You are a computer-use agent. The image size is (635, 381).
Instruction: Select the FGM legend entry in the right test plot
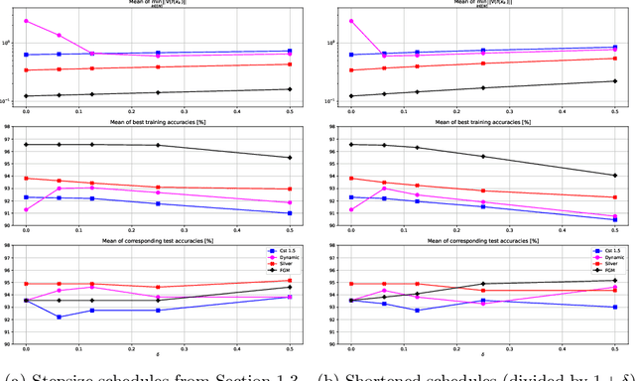tap(602, 270)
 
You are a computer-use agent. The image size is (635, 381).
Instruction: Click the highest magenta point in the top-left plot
tap(26, 21)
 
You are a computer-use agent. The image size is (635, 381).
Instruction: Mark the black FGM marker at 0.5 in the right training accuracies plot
tap(615, 176)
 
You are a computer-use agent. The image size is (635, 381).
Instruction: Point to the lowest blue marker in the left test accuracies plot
tap(59, 317)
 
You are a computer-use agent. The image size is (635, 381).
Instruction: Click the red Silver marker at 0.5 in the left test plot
tap(290, 281)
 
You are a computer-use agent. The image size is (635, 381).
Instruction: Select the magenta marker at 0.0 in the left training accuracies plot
tap(26, 209)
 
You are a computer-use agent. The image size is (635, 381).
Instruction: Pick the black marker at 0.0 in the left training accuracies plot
tap(26, 144)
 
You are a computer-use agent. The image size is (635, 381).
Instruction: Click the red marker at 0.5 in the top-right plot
tap(615, 58)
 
